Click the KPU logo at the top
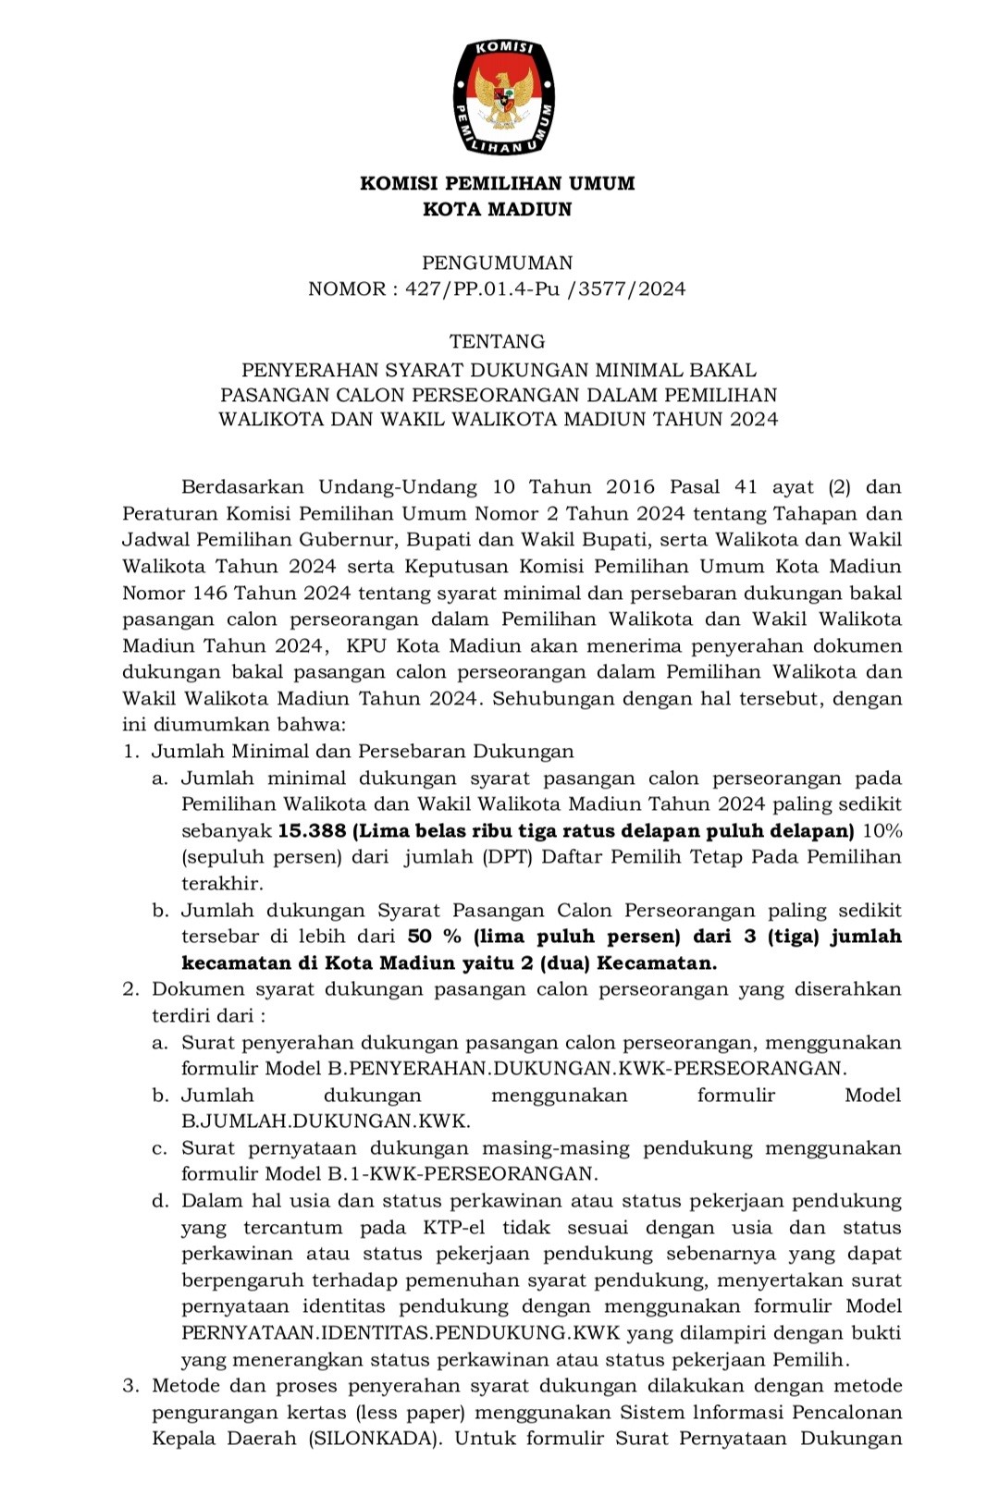tap(503, 97)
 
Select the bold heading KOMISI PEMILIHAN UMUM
tap(498, 183)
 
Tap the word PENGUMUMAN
tap(498, 263)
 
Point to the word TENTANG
tap(498, 341)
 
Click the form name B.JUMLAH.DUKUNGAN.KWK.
tap(326, 1121)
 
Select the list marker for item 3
tap(130, 1386)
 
